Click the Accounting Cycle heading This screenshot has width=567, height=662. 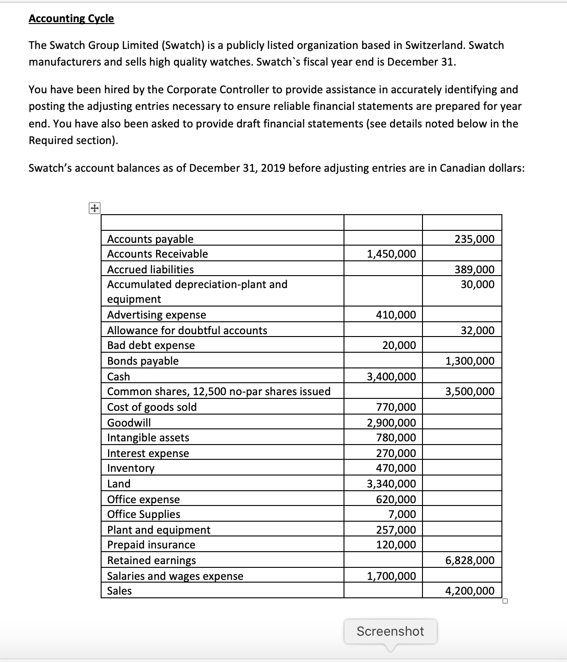tap(71, 18)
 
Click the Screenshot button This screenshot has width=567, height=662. tap(390, 631)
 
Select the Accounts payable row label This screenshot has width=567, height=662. tap(150, 239)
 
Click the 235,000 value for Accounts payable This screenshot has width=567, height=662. tap(474, 239)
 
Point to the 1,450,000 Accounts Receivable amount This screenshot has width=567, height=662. tap(391, 253)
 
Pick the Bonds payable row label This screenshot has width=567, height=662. tap(143, 361)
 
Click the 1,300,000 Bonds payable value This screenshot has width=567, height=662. tap(470, 361)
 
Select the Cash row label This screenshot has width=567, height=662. tap(119, 376)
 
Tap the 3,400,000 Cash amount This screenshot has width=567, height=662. tap(391, 376)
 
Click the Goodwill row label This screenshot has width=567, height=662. tap(129, 422)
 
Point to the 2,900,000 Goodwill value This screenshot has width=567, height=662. tap(391, 422)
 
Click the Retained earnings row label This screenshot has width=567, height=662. tap(151, 560)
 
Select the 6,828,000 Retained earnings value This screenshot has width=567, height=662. tap(470, 560)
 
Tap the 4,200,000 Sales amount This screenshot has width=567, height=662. tap(470, 590)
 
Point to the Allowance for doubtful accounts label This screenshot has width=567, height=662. tap(187, 330)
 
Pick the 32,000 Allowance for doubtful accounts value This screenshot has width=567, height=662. tap(477, 330)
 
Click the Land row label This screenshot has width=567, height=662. tap(119, 483)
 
